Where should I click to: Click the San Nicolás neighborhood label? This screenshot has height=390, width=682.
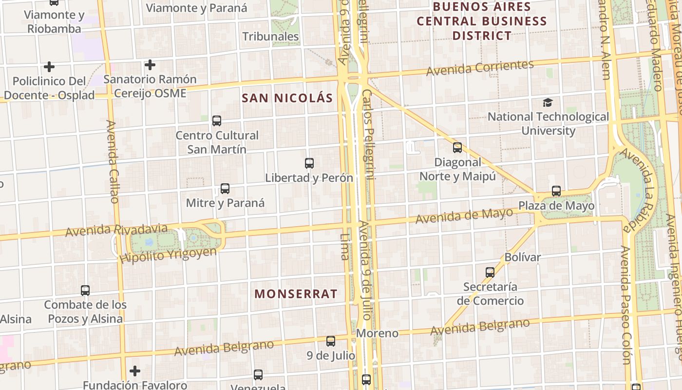pyautogui.click(x=287, y=98)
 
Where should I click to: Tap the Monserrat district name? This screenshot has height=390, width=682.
pyautogui.click(x=296, y=294)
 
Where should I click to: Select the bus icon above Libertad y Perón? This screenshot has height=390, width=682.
pyautogui.click(x=309, y=163)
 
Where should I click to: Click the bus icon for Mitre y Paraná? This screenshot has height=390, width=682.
pyautogui.click(x=225, y=189)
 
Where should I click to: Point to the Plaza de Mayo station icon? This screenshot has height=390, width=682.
pyautogui.click(x=556, y=191)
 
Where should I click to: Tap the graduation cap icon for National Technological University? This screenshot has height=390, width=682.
pyautogui.click(x=548, y=103)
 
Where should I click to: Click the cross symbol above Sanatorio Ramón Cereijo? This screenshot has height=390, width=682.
pyautogui.click(x=150, y=65)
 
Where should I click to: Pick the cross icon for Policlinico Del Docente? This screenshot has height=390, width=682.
pyautogui.click(x=49, y=67)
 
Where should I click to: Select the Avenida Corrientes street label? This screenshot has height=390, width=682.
pyautogui.click(x=480, y=68)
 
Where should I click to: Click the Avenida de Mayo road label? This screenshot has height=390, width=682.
pyautogui.click(x=464, y=215)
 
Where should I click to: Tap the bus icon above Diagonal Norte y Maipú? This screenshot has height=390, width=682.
pyautogui.click(x=457, y=148)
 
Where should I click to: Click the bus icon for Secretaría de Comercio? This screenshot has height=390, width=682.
pyautogui.click(x=490, y=273)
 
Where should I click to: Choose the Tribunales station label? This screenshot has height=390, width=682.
pyautogui.click(x=271, y=37)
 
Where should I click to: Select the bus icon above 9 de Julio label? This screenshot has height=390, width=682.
pyautogui.click(x=331, y=341)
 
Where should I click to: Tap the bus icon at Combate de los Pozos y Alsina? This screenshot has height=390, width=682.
pyautogui.click(x=85, y=291)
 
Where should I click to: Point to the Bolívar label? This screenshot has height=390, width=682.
pyautogui.click(x=523, y=257)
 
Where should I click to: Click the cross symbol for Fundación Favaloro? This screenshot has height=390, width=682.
pyautogui.click(x=135, y=371)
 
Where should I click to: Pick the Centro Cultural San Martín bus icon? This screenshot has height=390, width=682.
pyautogui.click(x=217, y=121)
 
